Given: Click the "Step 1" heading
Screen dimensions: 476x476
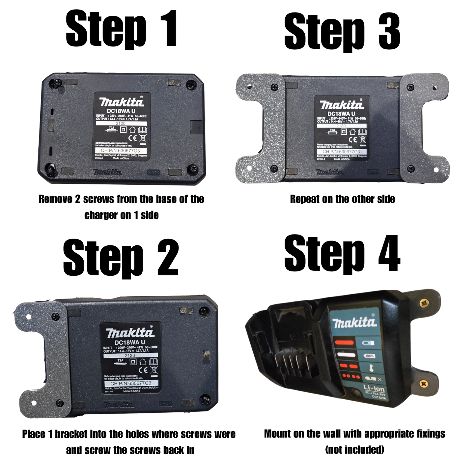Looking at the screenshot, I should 121,29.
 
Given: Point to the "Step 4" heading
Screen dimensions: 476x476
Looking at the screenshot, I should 342,254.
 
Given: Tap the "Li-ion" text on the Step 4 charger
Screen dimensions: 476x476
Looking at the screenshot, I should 374,388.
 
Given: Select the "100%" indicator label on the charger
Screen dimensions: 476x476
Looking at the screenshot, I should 369,356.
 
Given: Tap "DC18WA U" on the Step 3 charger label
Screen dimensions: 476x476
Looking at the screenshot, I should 341,114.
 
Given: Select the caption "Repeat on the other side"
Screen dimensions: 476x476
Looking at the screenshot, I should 342,199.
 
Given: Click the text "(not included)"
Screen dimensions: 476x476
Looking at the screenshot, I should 354,450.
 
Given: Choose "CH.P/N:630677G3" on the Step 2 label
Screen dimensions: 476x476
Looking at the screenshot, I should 131,383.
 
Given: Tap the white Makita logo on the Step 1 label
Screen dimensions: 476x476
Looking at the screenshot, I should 122,102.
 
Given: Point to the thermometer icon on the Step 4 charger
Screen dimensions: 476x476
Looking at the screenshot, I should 371,367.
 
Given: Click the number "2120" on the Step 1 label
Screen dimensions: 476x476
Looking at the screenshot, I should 120,124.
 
